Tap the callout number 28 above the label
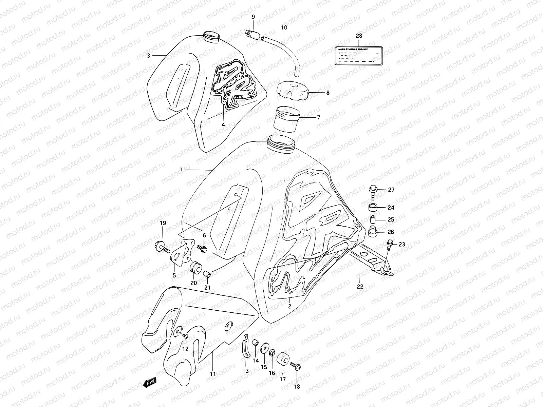[x=359, y=36]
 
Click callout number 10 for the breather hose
[x=284, y=27]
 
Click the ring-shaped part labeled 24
[x=373, y=207]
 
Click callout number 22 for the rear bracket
[x=360, y=287]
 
